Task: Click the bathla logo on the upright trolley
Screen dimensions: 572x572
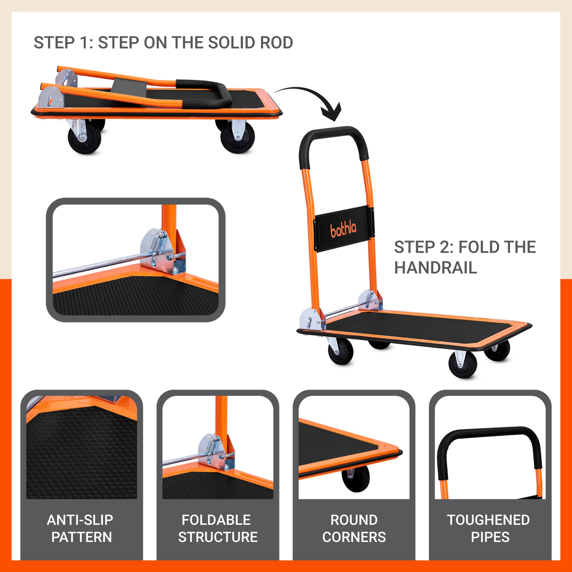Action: [x=343, y=229]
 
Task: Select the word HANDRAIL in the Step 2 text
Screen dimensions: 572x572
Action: [x=435, y=268]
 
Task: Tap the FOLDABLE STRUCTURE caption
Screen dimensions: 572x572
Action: [x=217, y=528]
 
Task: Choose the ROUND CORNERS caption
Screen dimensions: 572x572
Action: [x=354, y=528]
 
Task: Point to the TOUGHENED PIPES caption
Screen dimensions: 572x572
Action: [x=489, y=528]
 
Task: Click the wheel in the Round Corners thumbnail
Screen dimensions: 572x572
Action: [x=356, y=479]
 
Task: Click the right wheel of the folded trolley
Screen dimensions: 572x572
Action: [x=237, y=138]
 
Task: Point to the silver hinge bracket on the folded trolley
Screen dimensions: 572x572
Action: [x=51, y=97]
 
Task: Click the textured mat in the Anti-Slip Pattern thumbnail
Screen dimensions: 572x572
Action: [x=81, y=458]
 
